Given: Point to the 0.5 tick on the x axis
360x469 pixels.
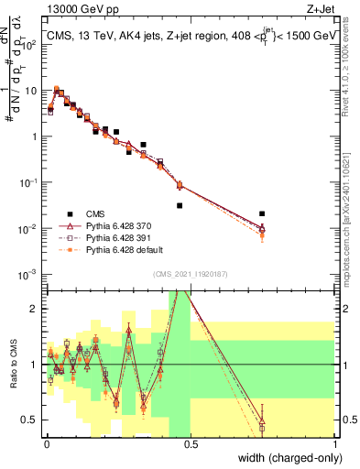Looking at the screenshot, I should (x=190, y=444).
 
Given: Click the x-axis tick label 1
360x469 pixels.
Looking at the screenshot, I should (x=335, y=444).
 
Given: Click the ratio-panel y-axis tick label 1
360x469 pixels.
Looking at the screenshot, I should (x=36, y=365).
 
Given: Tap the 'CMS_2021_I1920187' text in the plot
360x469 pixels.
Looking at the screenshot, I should (x=190, y=274).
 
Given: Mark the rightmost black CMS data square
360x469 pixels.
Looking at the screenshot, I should (x=262, y=214).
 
